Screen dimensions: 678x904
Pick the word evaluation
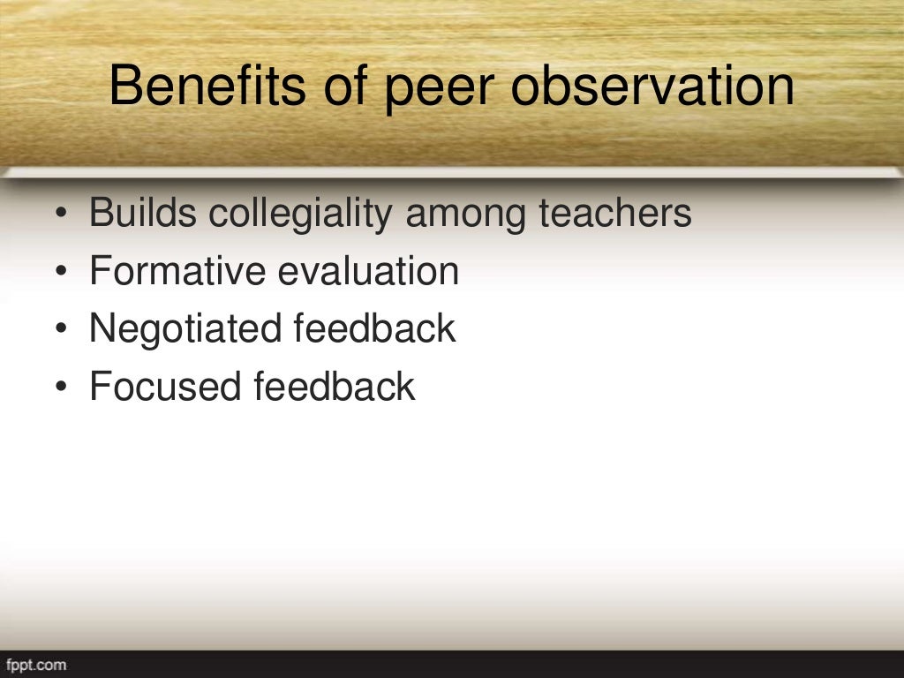369,271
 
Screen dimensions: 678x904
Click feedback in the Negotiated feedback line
374,328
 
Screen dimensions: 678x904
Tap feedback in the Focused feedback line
335,387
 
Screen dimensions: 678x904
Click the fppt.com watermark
35,665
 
